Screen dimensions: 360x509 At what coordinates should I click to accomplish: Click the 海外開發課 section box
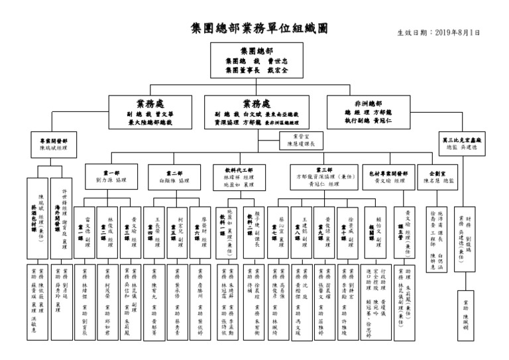(60, 219)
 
